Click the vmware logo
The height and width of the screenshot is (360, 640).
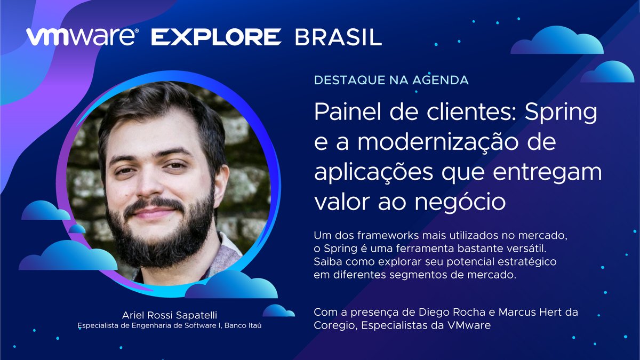83,37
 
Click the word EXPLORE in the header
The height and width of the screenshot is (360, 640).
216,37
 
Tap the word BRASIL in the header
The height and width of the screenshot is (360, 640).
338,37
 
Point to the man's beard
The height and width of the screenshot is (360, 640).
160,235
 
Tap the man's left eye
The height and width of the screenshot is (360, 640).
176,165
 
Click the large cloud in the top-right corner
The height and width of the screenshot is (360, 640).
557,41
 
